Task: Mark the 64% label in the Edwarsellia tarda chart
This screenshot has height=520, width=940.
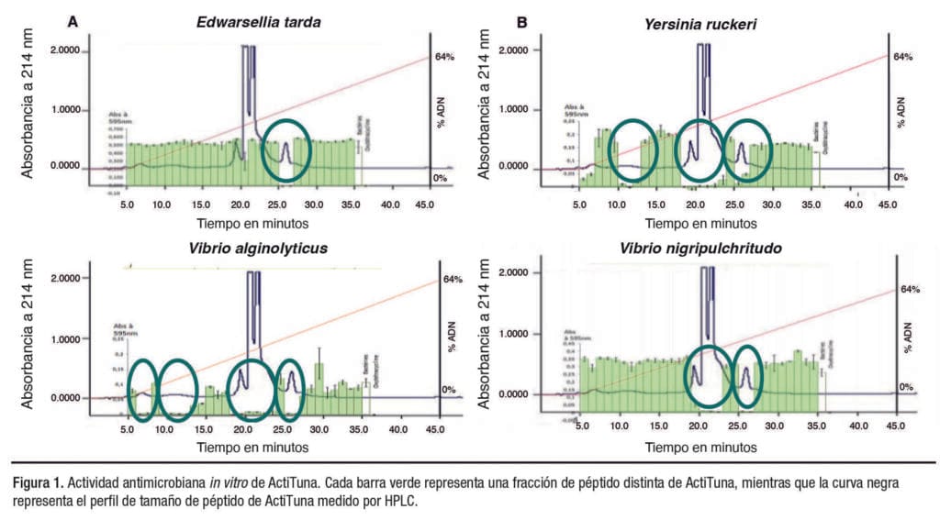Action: click(x=444, y=58)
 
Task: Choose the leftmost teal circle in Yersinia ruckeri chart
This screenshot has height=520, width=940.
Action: click(x=634, y=150)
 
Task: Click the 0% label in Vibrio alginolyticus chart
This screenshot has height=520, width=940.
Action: click(x=449, y=390)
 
